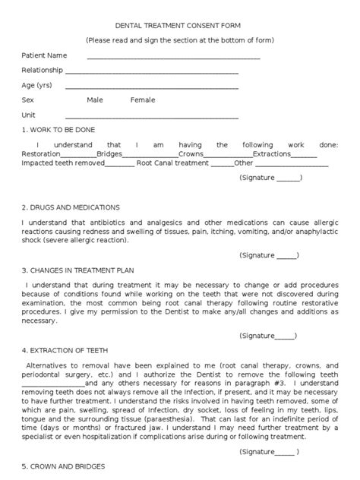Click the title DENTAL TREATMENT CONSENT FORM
[x=180, y=25]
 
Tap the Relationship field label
[x=43, y=70]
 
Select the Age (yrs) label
[x=37, y=85]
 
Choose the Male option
[x=95, y=100]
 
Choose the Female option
[x=142, y=100]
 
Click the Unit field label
[x=29, y=115]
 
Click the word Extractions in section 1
[x=272, y=153]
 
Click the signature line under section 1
[x=287, y=178]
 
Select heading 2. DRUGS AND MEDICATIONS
[x=70, y=207]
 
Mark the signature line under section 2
[x=286, y=256]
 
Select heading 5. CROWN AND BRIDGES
[x=63, y=466]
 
